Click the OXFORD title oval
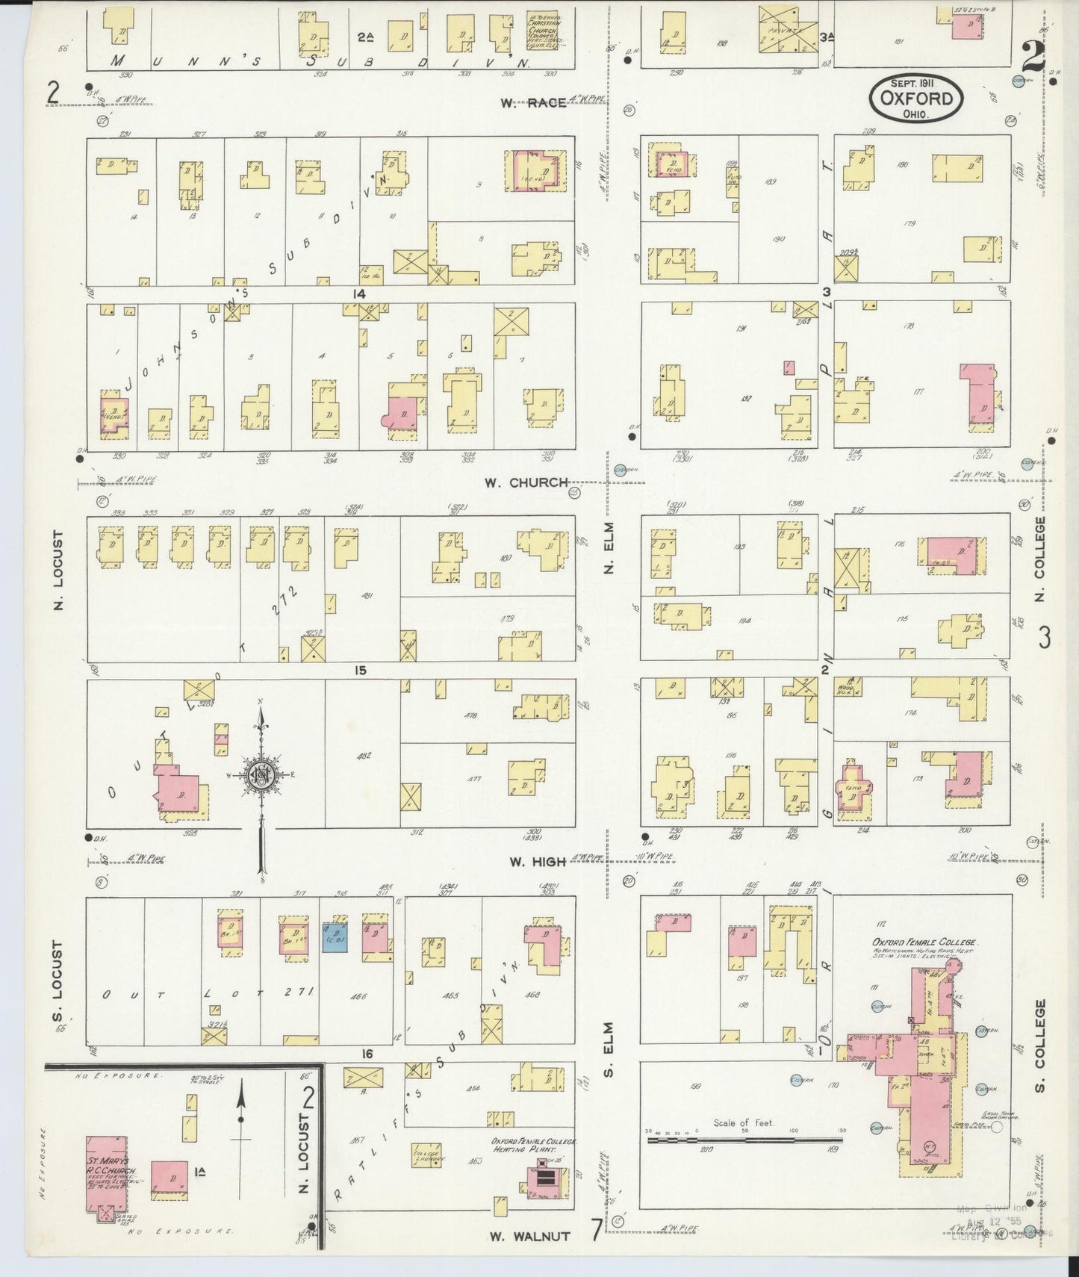click(915, 98)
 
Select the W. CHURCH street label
click(526, 482)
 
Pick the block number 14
click(360, 293)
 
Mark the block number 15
click(360, 670)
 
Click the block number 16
click(367, 1054)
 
